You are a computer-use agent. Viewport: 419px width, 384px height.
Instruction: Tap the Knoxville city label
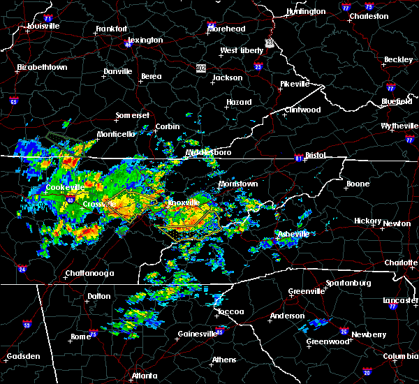click(183, 202)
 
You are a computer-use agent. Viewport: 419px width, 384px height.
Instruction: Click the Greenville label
click(309, 291)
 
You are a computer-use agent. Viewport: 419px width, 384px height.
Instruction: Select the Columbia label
click(399, 356)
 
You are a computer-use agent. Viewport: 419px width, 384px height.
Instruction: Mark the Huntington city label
click(305, 12)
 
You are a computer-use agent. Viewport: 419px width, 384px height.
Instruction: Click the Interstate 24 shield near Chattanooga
click(22, 268)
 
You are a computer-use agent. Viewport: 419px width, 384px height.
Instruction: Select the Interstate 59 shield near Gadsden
click(27, 325)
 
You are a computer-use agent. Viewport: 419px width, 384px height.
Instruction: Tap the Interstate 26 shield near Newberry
click(344, 332)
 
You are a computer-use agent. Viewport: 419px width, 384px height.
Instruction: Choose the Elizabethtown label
click(42, 68)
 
